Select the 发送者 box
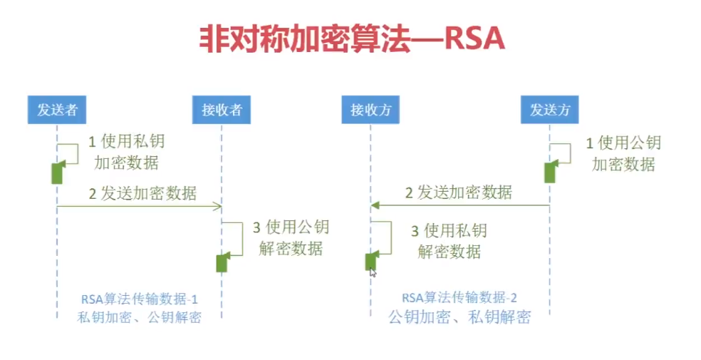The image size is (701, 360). click(57, 110)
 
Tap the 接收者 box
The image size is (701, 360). click(222, 110)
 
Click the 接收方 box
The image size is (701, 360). click(370, 110)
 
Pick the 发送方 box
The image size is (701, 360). click(549, 110)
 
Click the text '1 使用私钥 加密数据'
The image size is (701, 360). click(126, 152)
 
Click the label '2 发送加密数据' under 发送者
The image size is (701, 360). click(142, 192)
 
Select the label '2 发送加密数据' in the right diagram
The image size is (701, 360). click(459, 192)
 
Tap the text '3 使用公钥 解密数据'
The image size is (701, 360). click(291, 237)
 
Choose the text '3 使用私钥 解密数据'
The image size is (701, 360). click(449, 240)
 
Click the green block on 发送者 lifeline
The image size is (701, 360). click(57, 173)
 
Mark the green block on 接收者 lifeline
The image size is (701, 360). click(222, 262)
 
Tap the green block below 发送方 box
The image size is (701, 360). click(549, 173)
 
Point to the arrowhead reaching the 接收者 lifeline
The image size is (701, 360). click(219, 207)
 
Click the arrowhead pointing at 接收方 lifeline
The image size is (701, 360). click(375, 205)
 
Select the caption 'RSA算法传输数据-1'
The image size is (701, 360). click(140, 297)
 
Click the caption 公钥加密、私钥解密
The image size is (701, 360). click(459, 317)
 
